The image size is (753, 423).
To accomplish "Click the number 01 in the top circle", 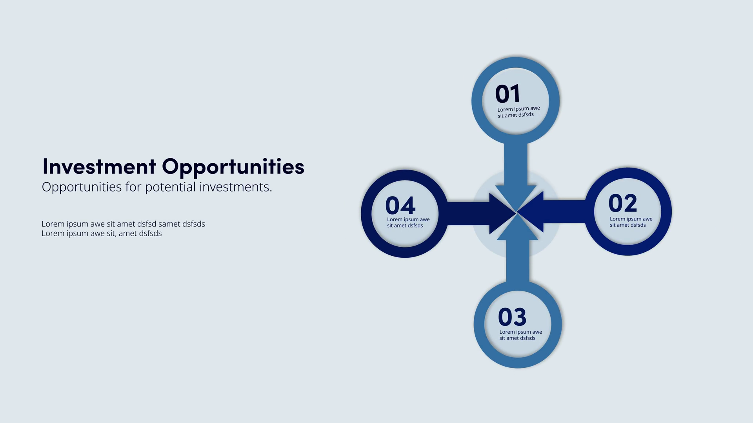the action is coord(507,94).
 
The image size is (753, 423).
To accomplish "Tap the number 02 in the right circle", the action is coord(622,203).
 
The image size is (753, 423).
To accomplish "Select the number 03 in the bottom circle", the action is coord(512,317).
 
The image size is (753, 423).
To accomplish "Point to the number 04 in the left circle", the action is coord(400,205).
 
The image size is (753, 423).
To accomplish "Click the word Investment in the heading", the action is coord(99,166).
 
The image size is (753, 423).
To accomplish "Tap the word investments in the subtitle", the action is coord(236,187).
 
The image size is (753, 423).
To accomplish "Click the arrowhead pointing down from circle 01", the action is coord(516,198).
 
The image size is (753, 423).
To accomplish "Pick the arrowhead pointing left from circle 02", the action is coord(531,212).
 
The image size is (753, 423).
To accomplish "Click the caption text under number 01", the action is coord(518,112).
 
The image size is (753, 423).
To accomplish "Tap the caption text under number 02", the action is coord(631,222).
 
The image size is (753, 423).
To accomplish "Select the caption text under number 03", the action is coord(520,335).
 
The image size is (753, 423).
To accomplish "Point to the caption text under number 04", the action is coord(408,222).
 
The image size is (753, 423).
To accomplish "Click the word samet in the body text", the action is coord(169,224).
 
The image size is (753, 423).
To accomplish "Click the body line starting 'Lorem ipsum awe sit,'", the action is coord(102,233).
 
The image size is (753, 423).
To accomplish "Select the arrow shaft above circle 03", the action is coord(518,261).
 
